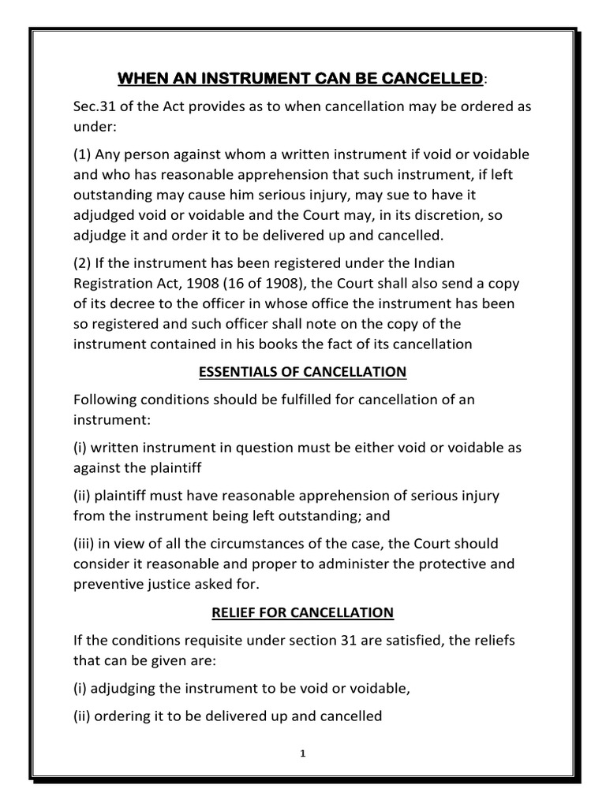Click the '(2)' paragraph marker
[x=83, y=262]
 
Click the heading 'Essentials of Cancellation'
[x=302, y=372]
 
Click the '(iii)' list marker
[x=85, y=544]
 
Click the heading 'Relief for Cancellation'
[x=302, y=612]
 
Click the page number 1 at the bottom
[x=302, y=753]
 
